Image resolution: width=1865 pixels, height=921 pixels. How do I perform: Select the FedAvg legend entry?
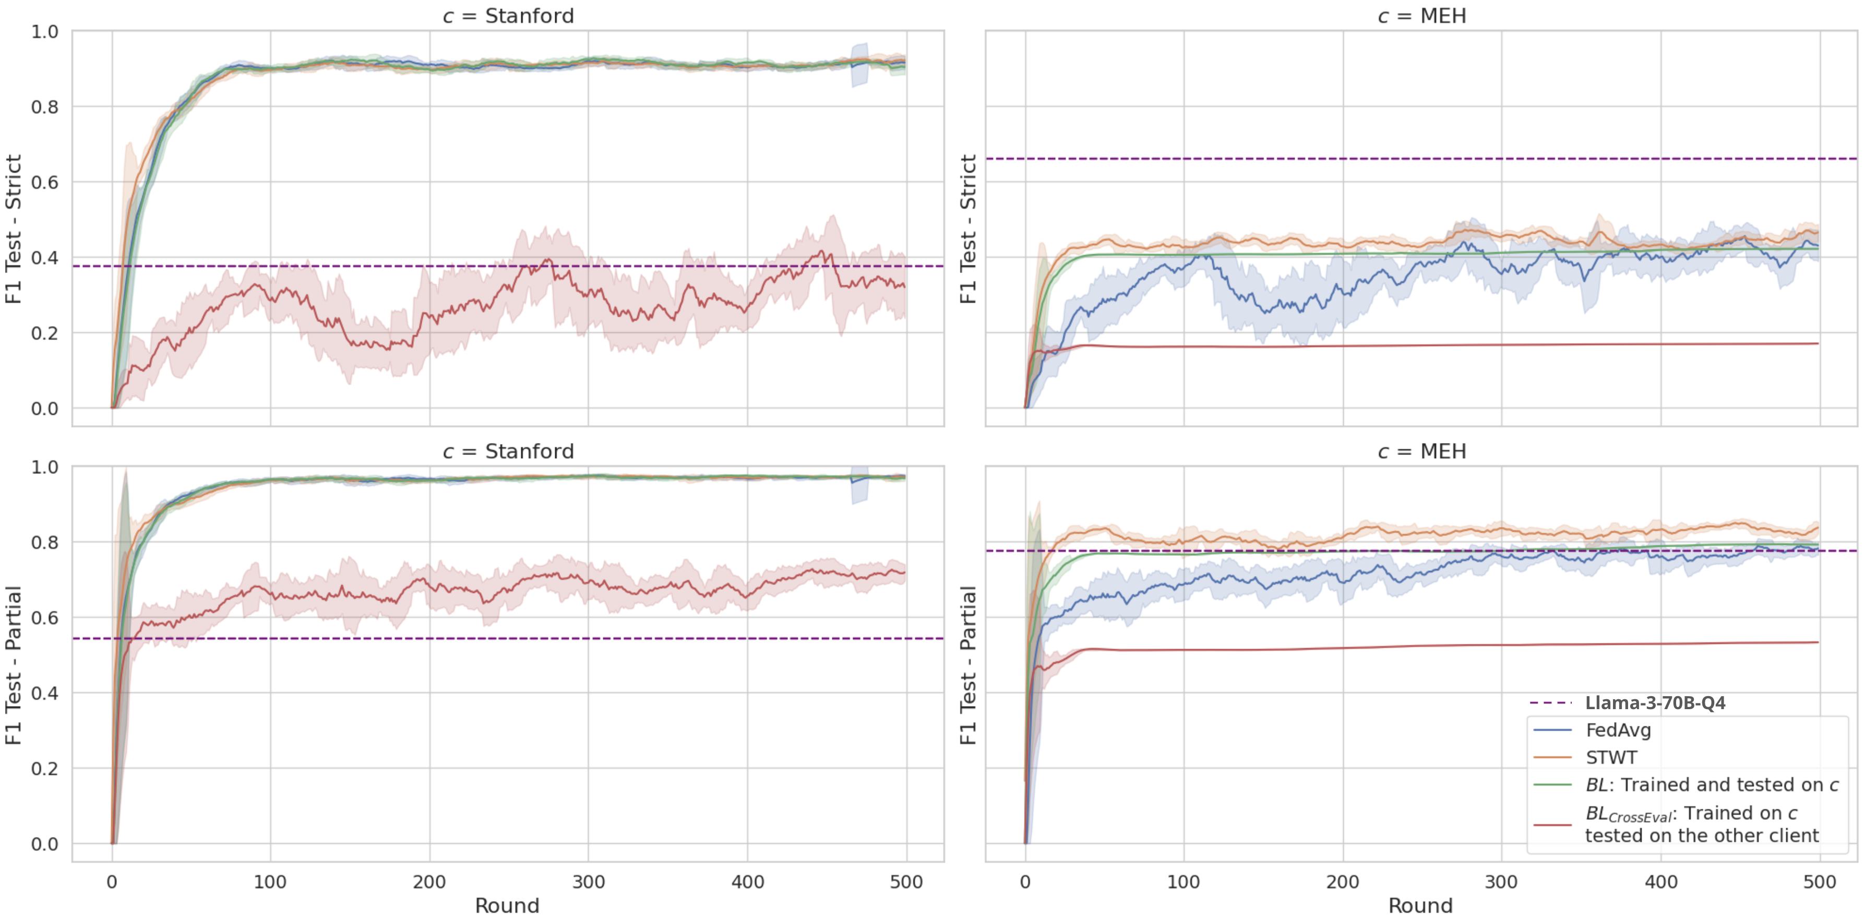(x=1618, y=730)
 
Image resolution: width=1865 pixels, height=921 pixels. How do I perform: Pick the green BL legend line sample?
(x=1552, y=785)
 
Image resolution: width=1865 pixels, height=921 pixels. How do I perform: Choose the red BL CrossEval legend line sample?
(x=1552, y=824)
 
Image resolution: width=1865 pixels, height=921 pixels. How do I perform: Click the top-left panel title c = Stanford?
(x=508, y=16)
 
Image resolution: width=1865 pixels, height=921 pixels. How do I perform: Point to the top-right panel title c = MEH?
(x=1421, y=16)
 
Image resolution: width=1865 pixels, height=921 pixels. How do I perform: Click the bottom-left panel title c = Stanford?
(x=508, y=452)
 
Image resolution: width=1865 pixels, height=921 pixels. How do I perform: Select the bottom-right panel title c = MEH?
(x=1421, y=452)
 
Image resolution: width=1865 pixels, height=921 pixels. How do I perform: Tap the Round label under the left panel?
(x=507, y=906)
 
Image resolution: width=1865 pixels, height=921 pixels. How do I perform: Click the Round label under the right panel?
(x=1420, y=906)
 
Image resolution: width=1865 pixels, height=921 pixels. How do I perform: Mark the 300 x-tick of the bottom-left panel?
(x=588, y=882)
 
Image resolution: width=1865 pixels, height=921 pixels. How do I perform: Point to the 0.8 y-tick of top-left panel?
(x=44, y=107)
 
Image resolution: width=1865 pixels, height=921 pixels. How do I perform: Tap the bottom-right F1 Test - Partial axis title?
(x=968, y=665)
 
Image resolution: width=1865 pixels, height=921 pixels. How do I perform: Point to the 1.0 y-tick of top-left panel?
(x=44, y=32)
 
